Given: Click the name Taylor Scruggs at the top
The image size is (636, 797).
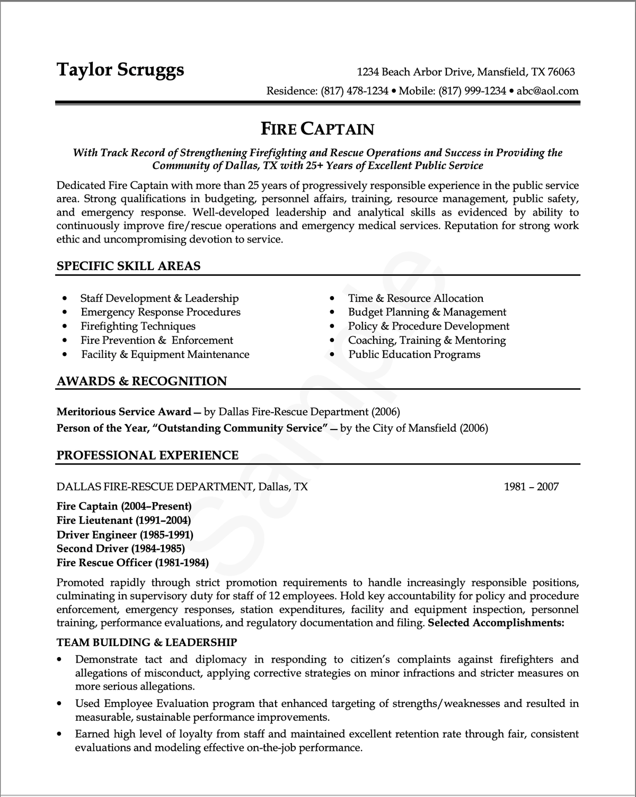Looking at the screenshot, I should pos(120,69).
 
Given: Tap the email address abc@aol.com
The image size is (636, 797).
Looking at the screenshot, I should pos(547,91).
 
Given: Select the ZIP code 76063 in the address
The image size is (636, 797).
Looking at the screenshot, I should pos(561,72).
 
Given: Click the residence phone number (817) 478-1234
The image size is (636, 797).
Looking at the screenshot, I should pos(355,91).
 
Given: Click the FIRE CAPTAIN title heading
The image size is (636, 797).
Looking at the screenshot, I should pos(317,129).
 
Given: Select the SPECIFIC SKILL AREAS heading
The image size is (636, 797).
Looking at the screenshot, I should pos(128,266).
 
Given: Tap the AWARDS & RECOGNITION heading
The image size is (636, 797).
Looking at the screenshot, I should pos(142,381).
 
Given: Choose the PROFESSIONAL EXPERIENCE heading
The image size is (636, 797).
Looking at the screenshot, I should pos(147,455).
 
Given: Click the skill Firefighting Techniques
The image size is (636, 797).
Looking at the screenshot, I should pos(138,326).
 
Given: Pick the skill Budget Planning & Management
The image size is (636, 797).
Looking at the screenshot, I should pos(427,312).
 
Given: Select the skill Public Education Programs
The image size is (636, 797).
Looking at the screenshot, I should pos(414,355).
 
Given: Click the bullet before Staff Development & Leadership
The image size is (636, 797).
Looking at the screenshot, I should pos(65,299).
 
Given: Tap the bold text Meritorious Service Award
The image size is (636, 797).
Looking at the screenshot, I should pos(123,412).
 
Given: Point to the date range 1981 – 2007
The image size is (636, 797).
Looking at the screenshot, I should pos(531,487).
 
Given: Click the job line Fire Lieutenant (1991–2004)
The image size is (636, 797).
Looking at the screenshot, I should pos(123,520).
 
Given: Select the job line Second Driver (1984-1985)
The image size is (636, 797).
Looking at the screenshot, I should pos(120,549).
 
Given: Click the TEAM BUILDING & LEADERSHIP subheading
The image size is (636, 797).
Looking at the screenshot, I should pos(146,643).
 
